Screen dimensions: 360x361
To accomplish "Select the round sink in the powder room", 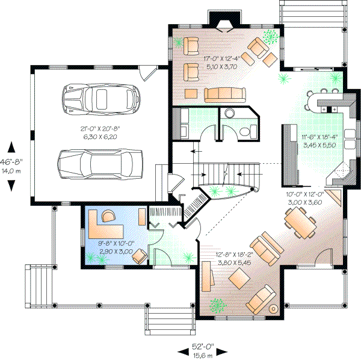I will click(230, 114).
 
